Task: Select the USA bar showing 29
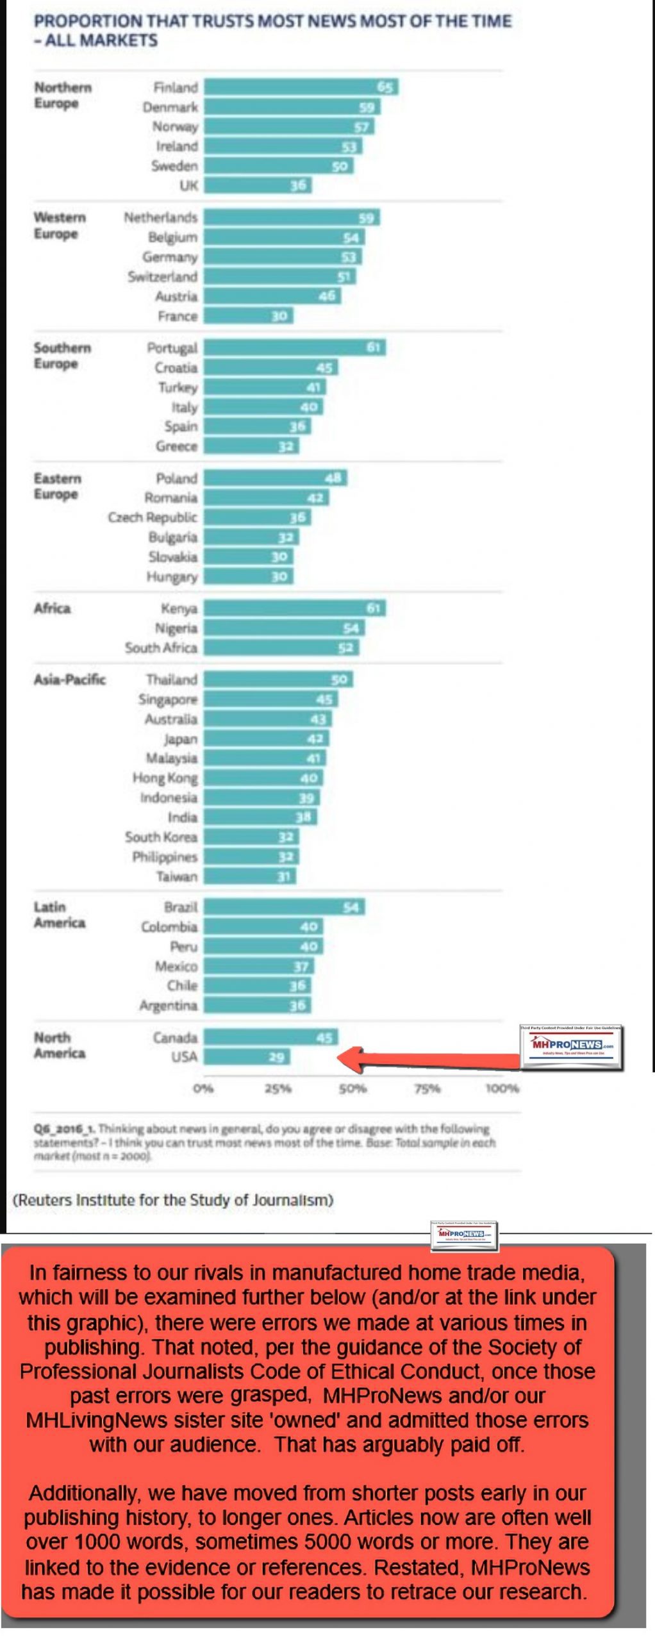coord(247,1056)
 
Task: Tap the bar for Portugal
coord(294,347)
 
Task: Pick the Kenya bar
coord(294,608)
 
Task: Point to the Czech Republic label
coord(153,517)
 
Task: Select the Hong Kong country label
coord(165,778)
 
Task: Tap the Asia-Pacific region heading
coord(69,679)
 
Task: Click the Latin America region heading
coord(59,915)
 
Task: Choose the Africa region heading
coord(52,608)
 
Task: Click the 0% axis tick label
coord(203,1088)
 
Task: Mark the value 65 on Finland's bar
coord(385,87)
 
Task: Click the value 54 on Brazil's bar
coord(351,907)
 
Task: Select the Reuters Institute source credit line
coord(173,1200)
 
